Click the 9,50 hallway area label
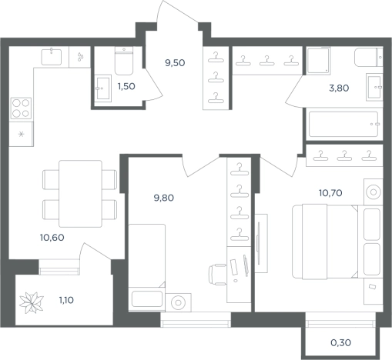pos(175,63)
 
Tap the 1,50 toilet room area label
pos(126,86)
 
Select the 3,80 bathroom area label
pos(339,88)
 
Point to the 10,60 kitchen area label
pos(52,238)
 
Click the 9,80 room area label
pos(164,198)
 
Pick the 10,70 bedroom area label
pos(330,192)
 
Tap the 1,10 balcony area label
pos(66,300)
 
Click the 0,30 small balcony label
pos(340,342)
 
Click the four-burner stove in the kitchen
pos(21,108)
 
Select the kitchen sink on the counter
pos(52,57)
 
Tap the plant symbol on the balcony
pos(32,303)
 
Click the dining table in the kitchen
pos(80,194)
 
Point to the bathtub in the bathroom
pos(343,124)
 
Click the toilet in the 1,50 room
pos(124,61)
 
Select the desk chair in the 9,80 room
pos(217,275)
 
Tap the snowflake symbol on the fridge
pos(22,134)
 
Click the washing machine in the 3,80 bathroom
pos(318,61)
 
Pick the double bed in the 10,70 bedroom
pos(325,242)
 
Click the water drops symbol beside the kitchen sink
pos(80,57)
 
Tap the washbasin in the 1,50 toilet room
pos(103,88)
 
